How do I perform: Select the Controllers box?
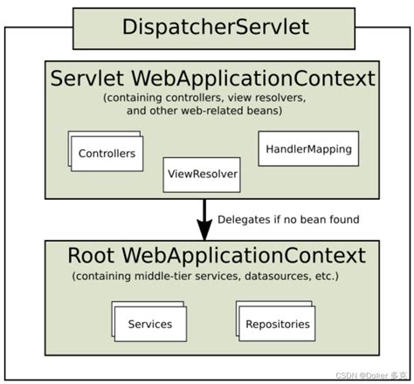click(x=107, y=154)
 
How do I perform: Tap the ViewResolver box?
click(x=202, y=174)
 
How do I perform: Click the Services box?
click(x=149, y=324)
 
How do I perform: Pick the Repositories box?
click(x=276, y=324)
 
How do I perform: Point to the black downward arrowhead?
click(x=204, y=230)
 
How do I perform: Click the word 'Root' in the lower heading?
click(x=92, y=257)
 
